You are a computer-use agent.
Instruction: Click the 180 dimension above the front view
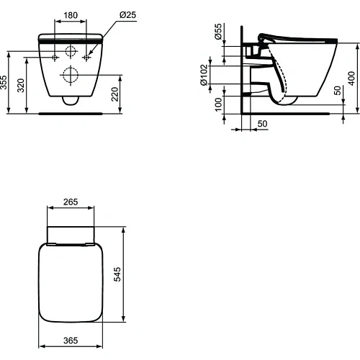coord(70,15)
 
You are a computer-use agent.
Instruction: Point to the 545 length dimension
coord(134,276)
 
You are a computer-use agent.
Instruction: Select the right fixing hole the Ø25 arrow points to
coord(87,55)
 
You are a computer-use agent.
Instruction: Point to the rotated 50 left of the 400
coord(336,91)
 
